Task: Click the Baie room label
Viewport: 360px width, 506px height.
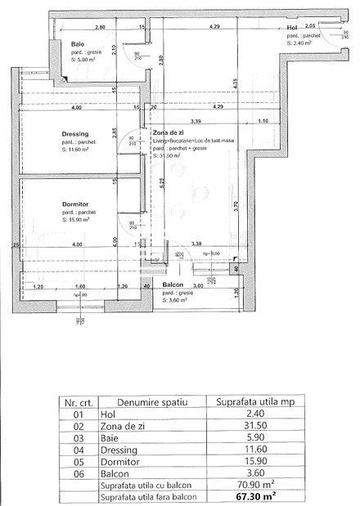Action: point(79,43)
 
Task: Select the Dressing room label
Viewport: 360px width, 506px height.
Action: point(74,133)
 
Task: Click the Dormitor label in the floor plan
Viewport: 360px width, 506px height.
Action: point(74,204)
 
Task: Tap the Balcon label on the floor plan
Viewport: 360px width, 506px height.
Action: point(172,285)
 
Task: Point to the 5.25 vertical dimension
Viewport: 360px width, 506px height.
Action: point(163,183)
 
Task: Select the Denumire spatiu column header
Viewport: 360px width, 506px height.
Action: point(152,402)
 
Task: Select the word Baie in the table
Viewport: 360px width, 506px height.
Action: point(108,437)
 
